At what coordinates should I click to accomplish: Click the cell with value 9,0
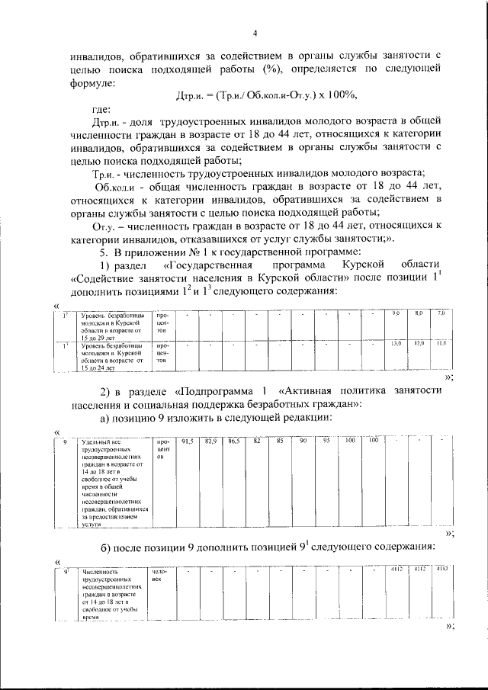click(396, 314)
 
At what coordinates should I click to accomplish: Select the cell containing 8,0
click(419, 314)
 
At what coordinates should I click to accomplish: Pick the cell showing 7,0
click(441, 314)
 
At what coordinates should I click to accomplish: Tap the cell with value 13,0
click(396, 344)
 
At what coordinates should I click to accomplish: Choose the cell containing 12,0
click(419, 344)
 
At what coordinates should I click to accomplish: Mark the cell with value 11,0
click(441, 344)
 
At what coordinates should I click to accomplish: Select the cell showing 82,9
click(211, 441)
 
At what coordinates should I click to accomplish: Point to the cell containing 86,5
click(234, 441)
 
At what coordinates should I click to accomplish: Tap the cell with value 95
click(326, 441)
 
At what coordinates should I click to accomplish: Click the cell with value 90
click(303, 441)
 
